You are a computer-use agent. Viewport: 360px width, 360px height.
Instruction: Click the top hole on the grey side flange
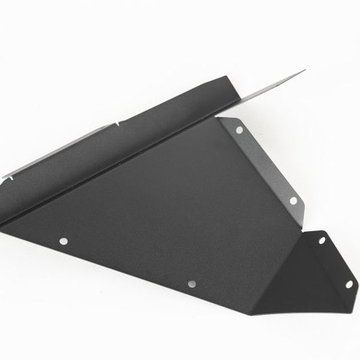pos(239,129)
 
